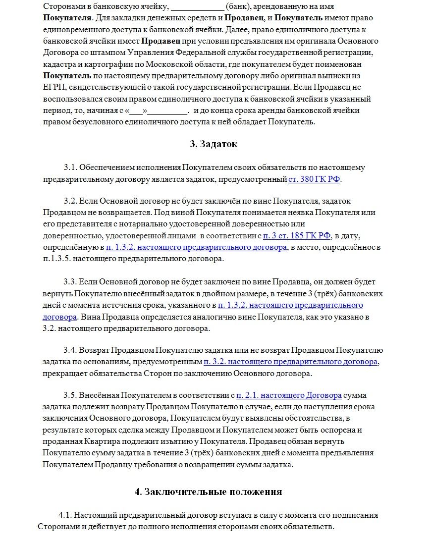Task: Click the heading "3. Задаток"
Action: [213, 144]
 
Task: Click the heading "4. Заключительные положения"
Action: [208, 491]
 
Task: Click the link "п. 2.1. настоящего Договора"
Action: [289, 395]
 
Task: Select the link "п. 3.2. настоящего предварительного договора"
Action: [291, 362]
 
